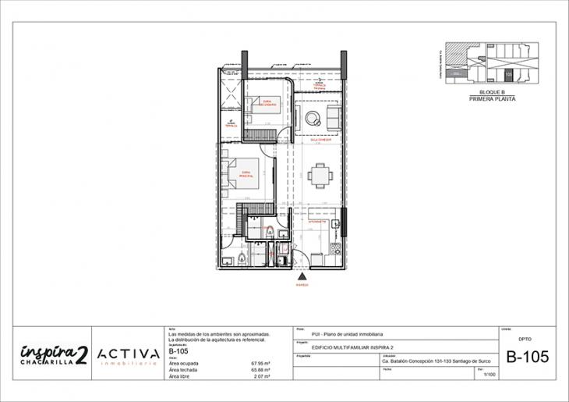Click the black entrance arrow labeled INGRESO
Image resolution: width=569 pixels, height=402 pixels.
(x=302, y=276)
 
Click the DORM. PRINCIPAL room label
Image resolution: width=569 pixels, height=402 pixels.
(x=247, y=173)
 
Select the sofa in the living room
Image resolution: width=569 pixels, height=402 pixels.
(x=333, y=119)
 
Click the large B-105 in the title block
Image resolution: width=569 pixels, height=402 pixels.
(x=527, y=357)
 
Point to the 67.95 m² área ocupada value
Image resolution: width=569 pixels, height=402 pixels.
(x=260, y=363)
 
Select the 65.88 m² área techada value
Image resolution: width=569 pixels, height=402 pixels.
(x=260, y=370)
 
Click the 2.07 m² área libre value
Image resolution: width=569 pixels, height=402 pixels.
(x=260, y=377)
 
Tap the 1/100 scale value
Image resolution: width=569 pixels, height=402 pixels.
(x=489, y=375)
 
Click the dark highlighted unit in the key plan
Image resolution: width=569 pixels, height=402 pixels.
(x=509, y=75)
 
